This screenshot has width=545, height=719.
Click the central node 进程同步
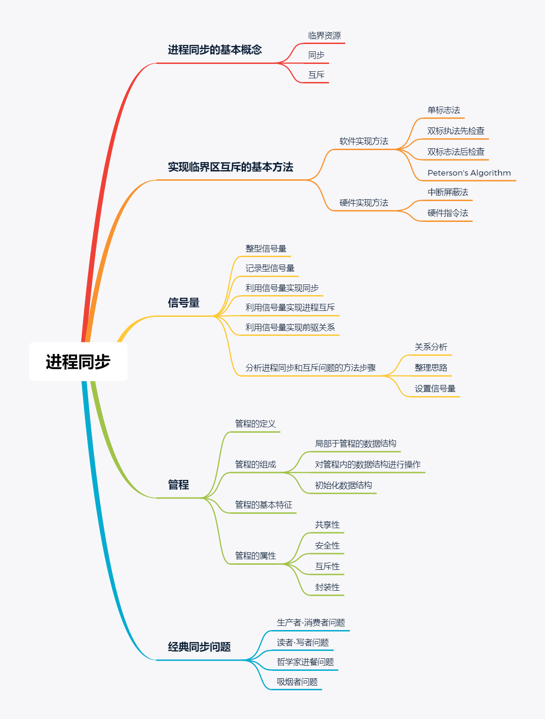point(78,362)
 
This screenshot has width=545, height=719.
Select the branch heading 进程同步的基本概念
point(215,50)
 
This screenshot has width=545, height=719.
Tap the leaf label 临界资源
point(324,36)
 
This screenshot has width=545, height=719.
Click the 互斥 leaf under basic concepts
point(317,75)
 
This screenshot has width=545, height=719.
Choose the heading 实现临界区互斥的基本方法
point(230,167)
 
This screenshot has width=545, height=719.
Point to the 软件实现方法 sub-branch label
point(364,141)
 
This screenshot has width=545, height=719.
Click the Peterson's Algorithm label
point(469,173)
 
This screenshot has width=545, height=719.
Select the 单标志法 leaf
point(444,110)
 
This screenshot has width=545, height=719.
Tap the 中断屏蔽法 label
point(448,192)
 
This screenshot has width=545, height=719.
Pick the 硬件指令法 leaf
point(448,213)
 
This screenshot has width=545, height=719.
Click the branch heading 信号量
point(184,303)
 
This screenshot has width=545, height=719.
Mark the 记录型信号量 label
point(270,268)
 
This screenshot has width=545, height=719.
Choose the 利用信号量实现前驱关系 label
point(290,328)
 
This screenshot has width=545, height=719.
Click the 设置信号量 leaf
point(435,389)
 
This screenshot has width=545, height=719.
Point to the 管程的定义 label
point(255,424)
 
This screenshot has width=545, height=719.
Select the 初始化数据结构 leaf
point(343,486)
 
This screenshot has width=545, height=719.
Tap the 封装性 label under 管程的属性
point(327,587)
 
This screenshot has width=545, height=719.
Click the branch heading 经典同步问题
point(199,647)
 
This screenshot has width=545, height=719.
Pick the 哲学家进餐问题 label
point(305,662)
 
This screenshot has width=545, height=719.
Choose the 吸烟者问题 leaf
point(297,682)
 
